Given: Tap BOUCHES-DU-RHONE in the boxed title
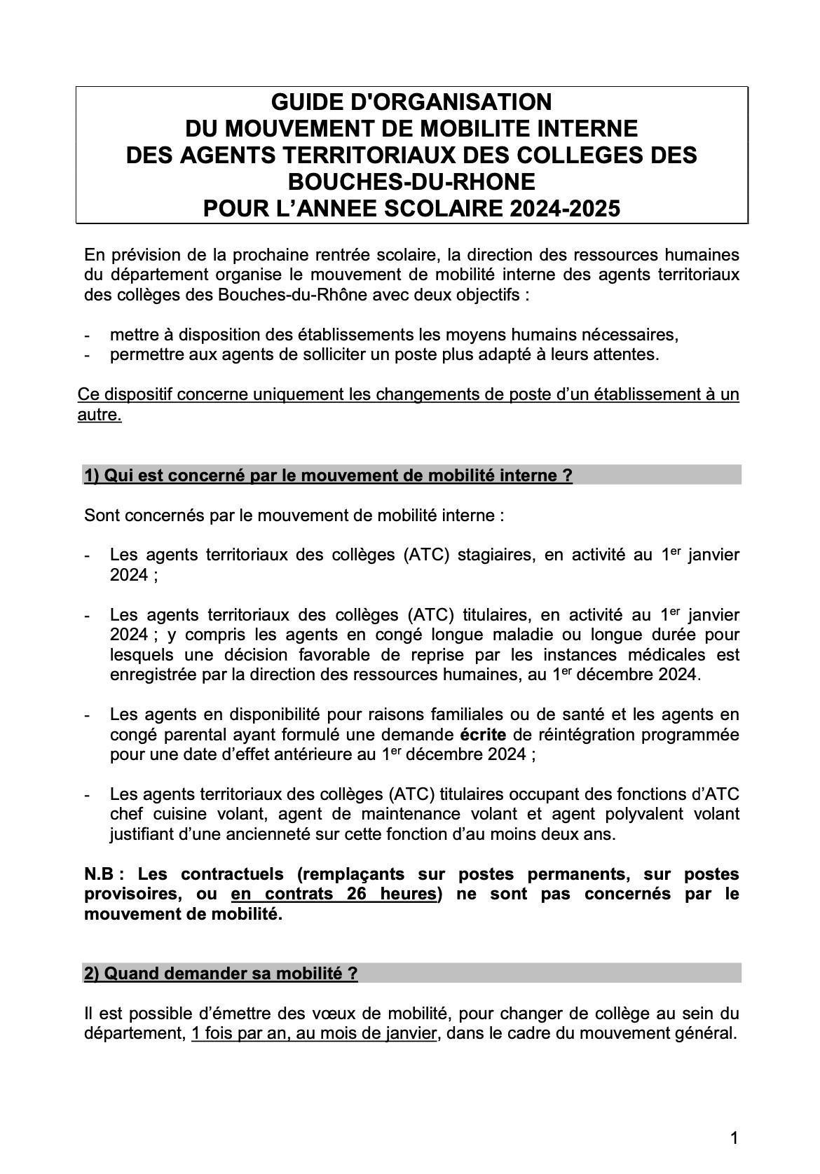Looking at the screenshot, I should coord(411,182).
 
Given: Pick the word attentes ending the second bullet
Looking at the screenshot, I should coord(626,354).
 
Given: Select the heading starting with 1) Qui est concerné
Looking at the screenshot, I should coord(328,476).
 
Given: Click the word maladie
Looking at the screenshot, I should coord(512,635).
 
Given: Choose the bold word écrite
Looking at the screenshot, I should coord(484,735).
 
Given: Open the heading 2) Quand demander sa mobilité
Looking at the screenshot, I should coord(221,974).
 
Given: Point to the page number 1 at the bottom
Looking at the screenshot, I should coord(734,1139).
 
